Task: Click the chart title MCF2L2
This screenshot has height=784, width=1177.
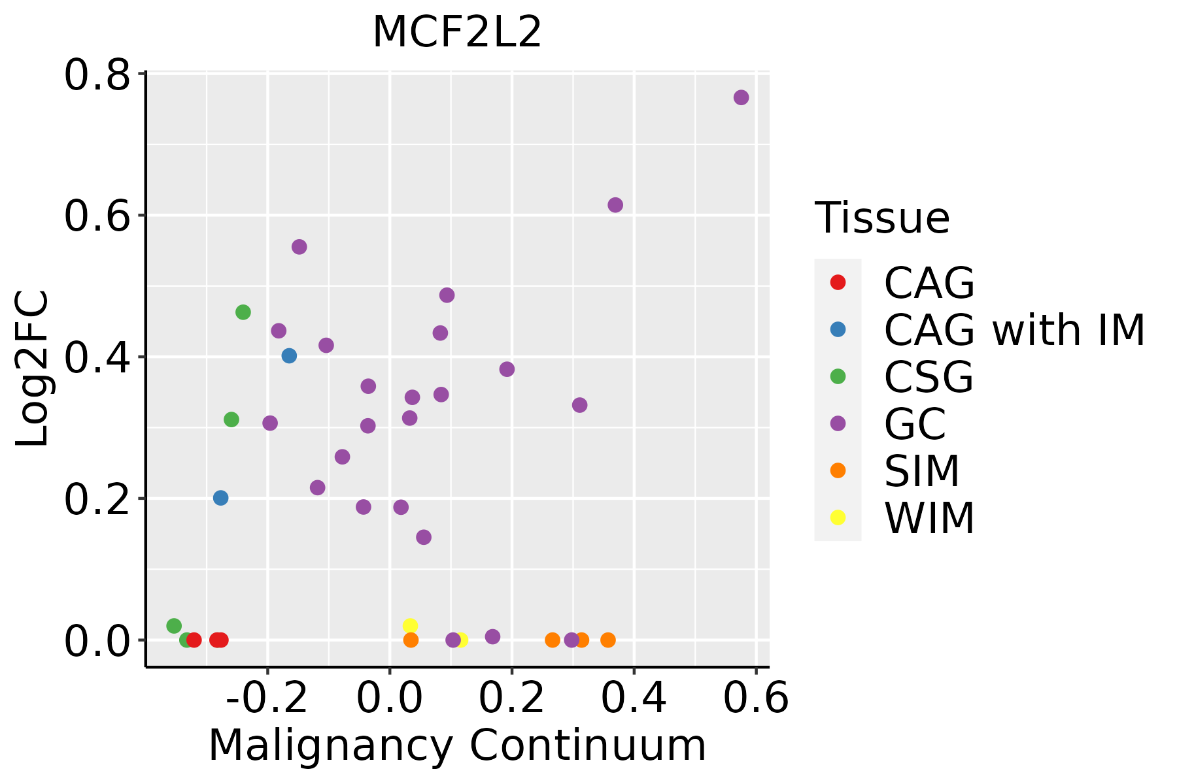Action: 457,32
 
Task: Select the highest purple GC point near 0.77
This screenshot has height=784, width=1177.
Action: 741,97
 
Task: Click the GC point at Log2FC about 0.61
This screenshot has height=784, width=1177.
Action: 615,205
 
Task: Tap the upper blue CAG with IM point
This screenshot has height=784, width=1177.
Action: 289,356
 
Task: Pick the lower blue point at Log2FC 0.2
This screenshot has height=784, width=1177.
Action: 221,498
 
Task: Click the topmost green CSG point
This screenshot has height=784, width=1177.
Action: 243,312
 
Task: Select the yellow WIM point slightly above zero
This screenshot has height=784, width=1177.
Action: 410,626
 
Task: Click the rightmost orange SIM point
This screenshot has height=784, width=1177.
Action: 608,640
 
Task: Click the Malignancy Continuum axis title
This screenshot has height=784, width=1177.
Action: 457,745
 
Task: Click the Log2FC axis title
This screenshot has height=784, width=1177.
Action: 33,368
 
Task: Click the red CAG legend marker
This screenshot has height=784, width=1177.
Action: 838,282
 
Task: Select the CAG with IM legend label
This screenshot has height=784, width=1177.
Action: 1014,330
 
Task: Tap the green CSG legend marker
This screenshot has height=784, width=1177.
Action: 838,376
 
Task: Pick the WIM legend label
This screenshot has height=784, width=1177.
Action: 929,518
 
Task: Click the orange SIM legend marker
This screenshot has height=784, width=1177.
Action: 838,470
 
